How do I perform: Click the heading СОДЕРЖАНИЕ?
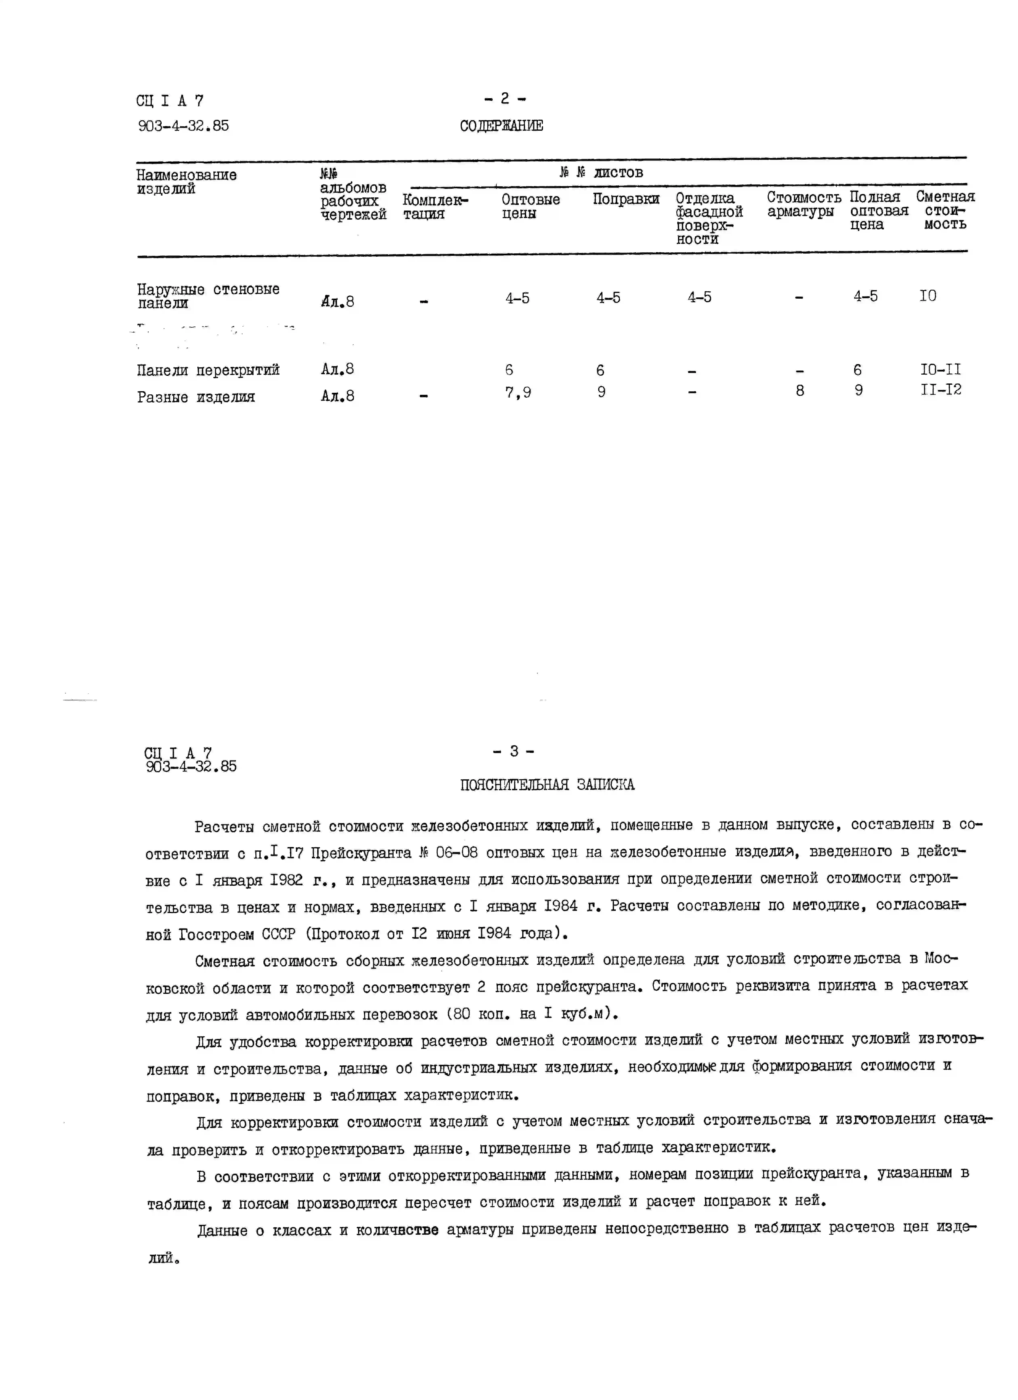tap(501, 126)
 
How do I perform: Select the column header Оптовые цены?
tap(530, 206)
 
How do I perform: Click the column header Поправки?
tap(625, 199)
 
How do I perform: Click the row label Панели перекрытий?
tap(208, 370)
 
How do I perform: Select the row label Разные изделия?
tap(196, 397)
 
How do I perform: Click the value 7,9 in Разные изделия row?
tap(518, 393)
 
